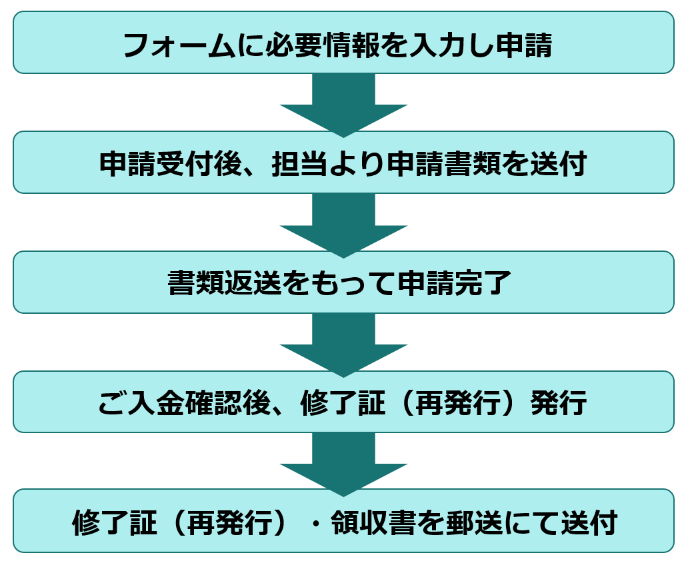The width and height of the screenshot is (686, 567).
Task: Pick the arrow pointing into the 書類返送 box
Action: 343,223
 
